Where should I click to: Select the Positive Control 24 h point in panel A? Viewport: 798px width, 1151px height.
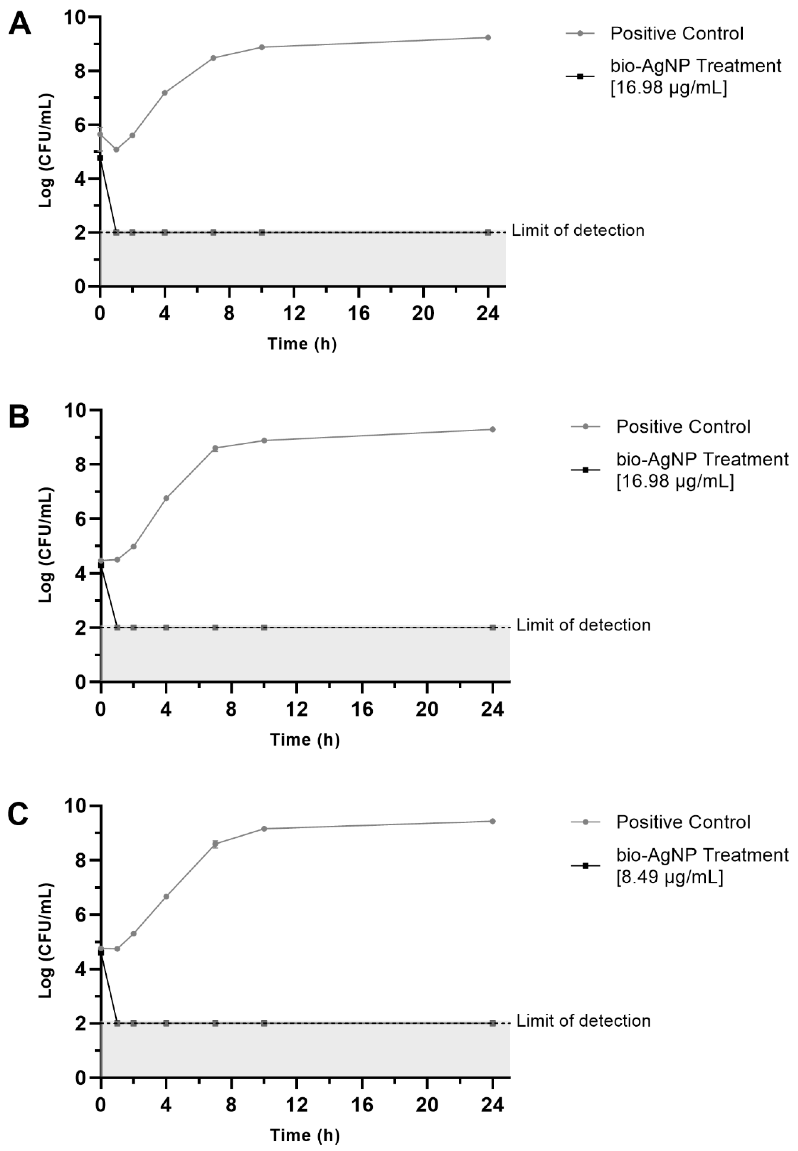488,37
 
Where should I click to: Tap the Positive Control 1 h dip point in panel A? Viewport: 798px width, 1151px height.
116,150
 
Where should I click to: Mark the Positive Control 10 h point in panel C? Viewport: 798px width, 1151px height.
264,829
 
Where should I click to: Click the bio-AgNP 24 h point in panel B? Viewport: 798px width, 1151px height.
493,627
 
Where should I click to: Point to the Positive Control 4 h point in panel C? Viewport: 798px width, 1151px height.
166,896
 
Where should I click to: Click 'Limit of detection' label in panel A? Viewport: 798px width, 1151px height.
578,231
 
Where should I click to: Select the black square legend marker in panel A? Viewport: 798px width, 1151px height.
580,76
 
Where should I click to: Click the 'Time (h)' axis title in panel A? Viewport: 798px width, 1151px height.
302,344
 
